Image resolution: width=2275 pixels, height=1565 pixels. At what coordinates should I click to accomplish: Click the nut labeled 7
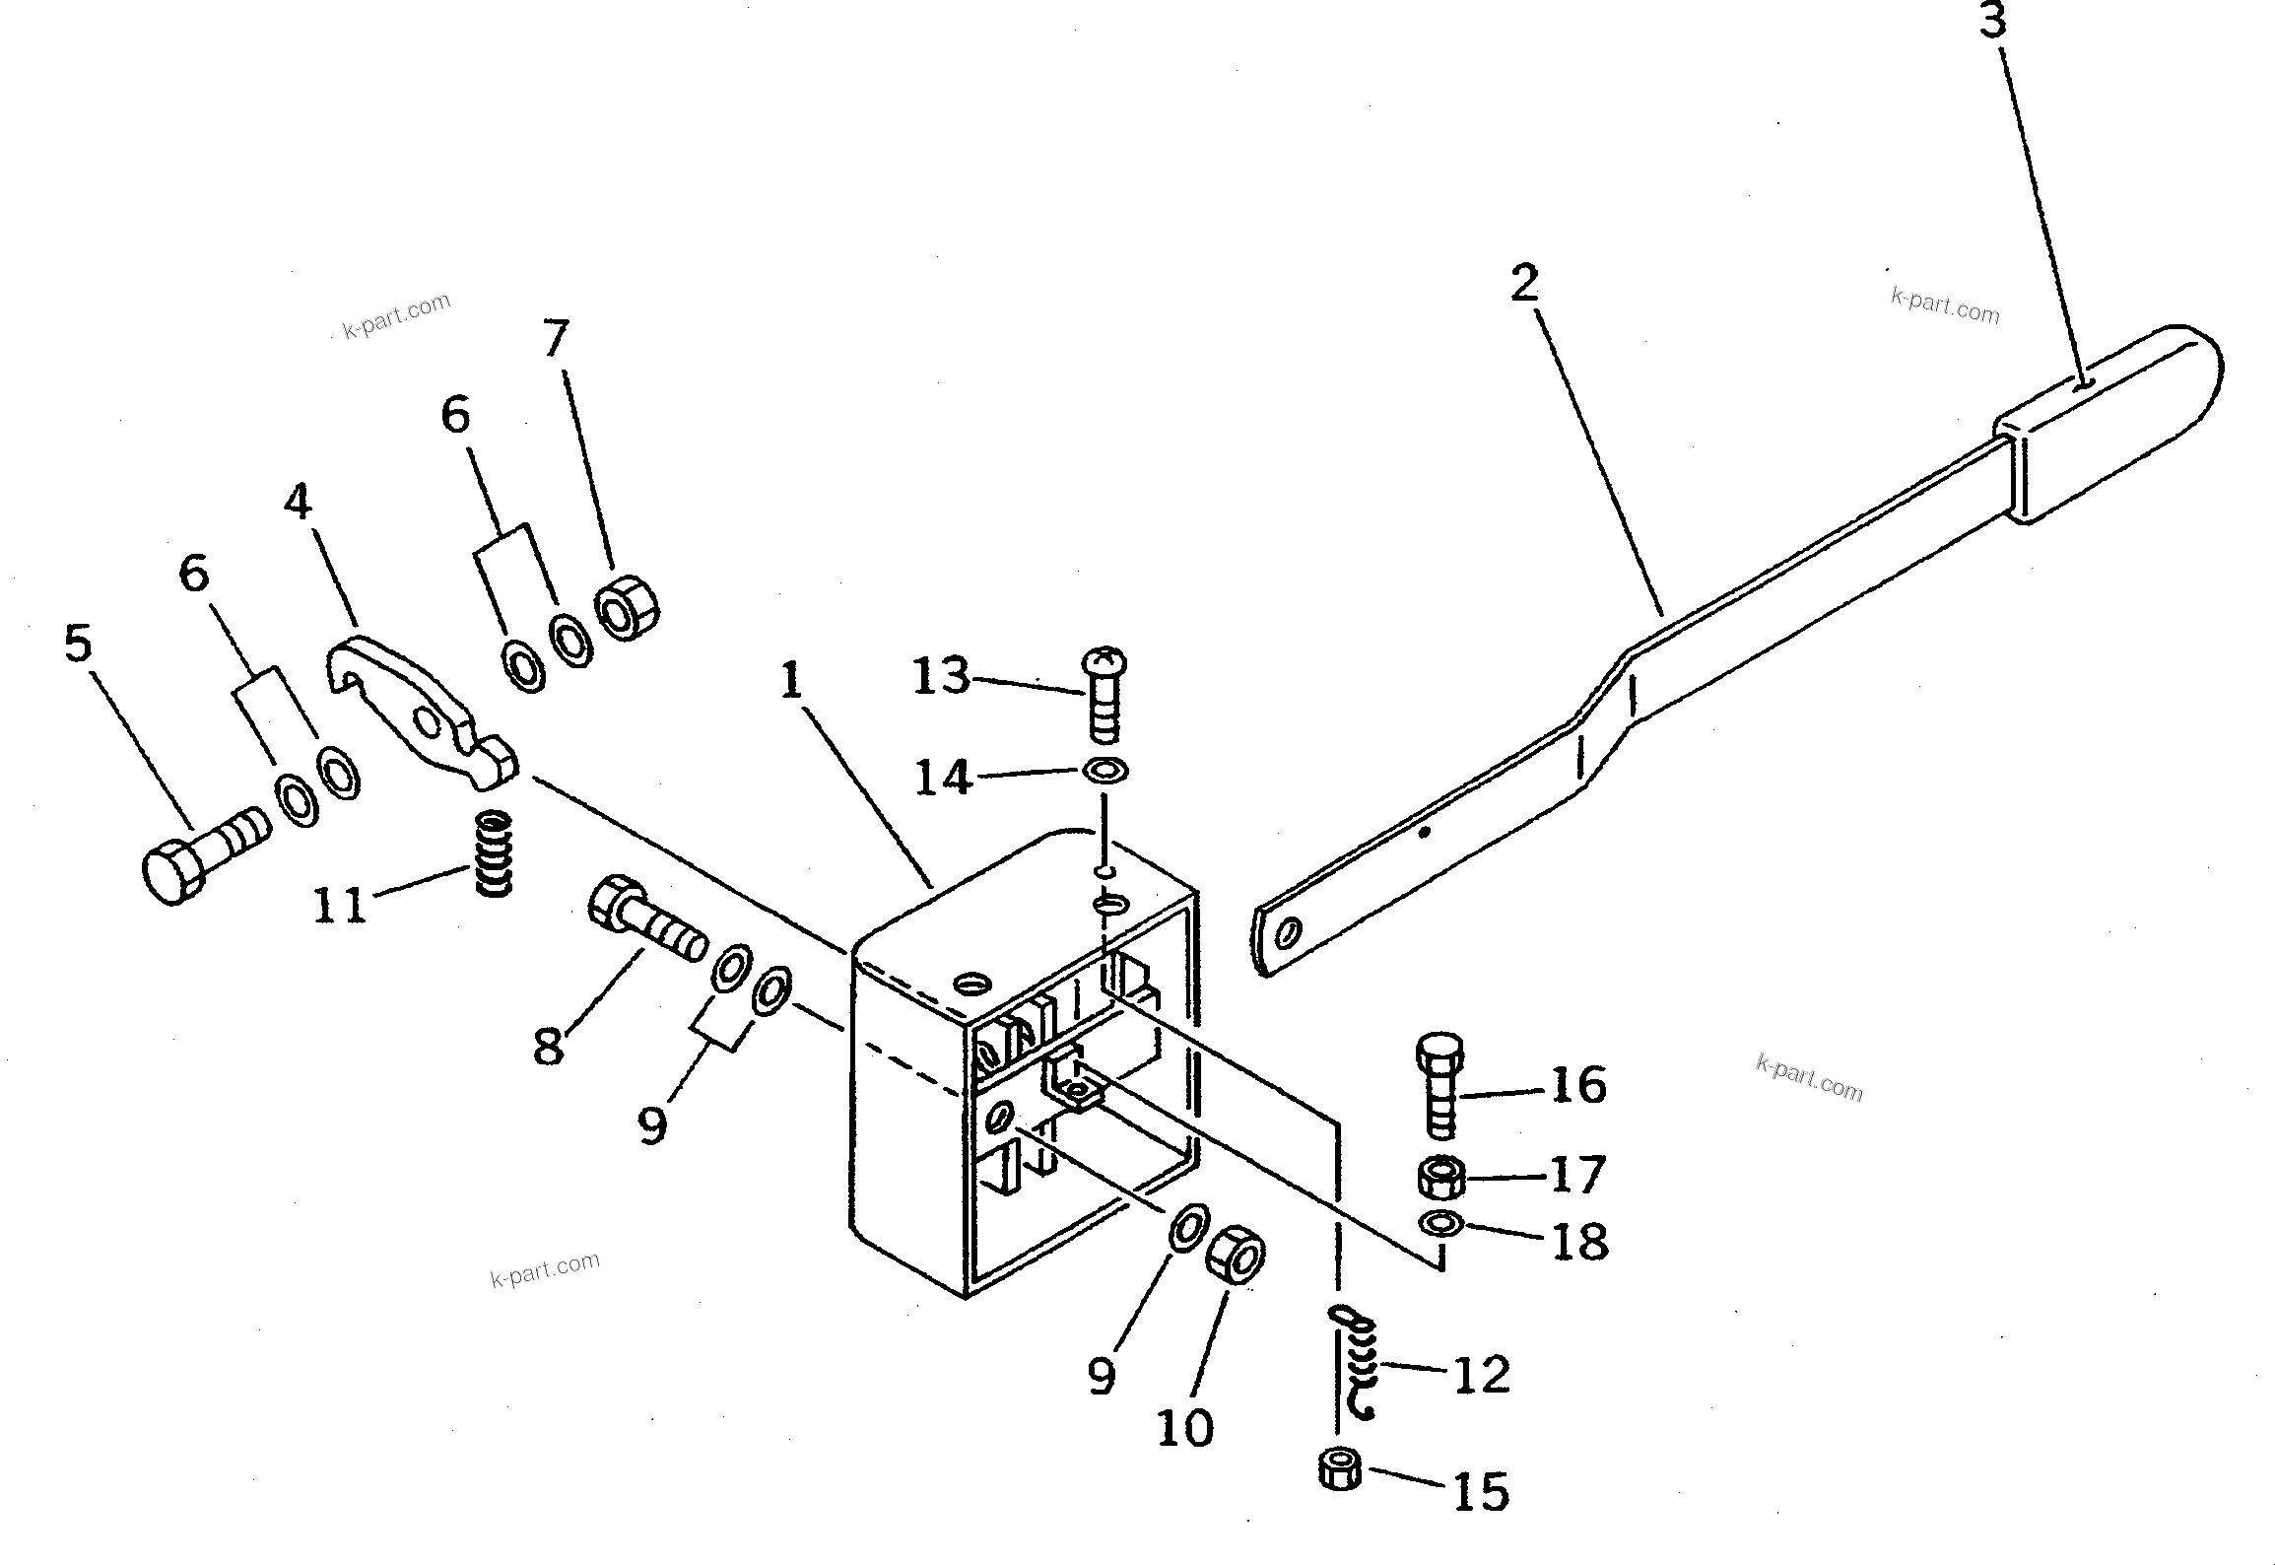tap(627, 610)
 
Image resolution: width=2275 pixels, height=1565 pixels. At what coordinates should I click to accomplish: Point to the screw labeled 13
tap(1104, 695)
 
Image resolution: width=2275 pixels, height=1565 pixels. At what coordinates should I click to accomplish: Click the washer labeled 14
tap(1105, 769)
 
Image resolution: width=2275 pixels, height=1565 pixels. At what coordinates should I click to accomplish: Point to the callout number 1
tap(791, 680)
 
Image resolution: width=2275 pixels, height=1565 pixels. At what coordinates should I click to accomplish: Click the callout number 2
tap(1523, 284)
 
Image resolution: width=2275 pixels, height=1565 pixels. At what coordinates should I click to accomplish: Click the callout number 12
tap(1481, 1374)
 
